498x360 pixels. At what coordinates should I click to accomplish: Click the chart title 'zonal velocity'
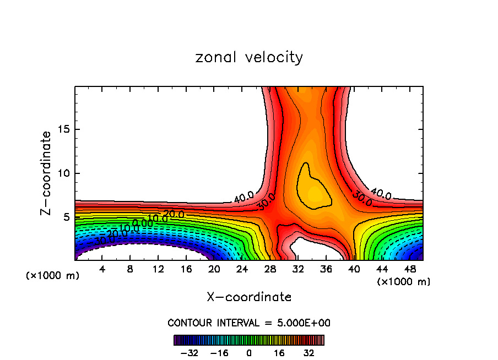point(249,57)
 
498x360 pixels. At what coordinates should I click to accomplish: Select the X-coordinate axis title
point(249,297)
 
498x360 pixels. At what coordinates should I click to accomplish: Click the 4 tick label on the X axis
point(102,269)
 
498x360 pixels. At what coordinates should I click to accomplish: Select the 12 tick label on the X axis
point(158,269)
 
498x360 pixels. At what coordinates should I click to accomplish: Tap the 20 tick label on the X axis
point(214,269)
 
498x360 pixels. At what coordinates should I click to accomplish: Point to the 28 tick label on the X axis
point(270,269)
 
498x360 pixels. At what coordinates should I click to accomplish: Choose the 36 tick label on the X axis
point(326,269)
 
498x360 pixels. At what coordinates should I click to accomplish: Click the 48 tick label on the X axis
point(409,269)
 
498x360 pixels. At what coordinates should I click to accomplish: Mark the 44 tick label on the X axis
point(381,269)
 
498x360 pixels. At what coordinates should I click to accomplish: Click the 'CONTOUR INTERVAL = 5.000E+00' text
point(249,323)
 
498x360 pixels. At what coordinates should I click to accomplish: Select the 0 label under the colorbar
point(249,352)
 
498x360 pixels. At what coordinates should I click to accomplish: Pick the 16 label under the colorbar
point(279,352)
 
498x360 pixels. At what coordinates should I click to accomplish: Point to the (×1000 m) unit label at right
point(404,282)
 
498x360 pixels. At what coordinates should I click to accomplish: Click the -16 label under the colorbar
point(219,352)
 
